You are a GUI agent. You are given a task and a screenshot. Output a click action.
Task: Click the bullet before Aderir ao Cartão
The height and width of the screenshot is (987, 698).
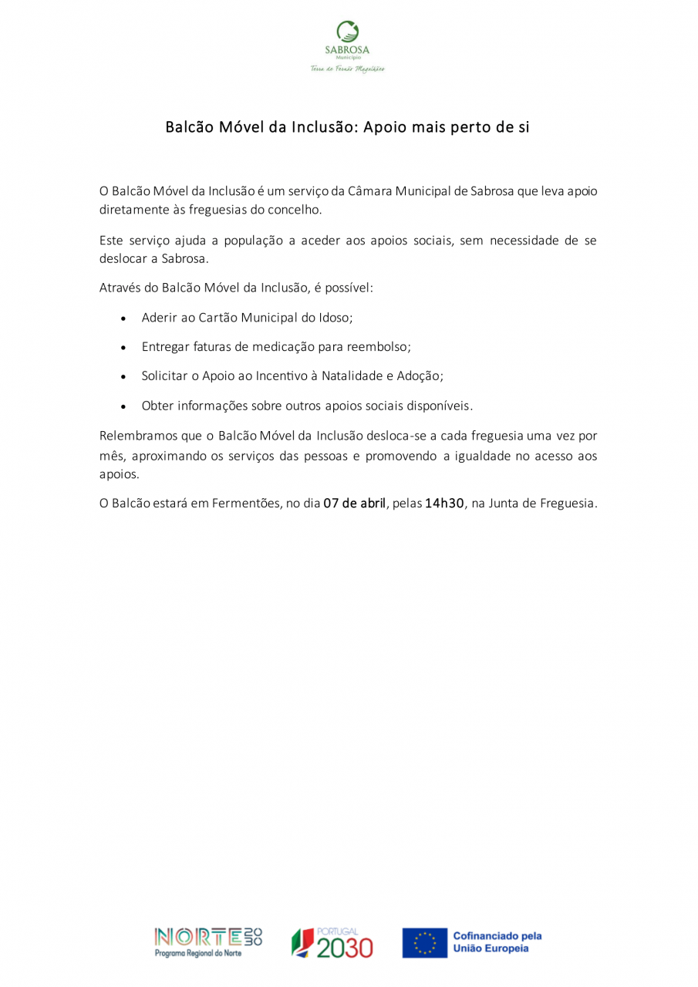[x=123, y=318]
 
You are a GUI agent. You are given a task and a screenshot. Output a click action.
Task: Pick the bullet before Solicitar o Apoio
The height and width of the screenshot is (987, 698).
[x=123, y=377]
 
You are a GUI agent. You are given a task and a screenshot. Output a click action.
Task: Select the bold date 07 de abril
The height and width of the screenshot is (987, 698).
[x=354, y=504]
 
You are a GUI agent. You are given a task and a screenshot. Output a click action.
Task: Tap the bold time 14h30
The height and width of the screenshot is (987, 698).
[x=445, y=504]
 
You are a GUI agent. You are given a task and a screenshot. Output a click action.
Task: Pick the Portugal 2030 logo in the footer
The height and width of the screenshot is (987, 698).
[x=332, y=942]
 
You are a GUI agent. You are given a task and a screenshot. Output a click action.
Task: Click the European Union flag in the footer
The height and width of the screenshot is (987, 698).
[x=424, y=942]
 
